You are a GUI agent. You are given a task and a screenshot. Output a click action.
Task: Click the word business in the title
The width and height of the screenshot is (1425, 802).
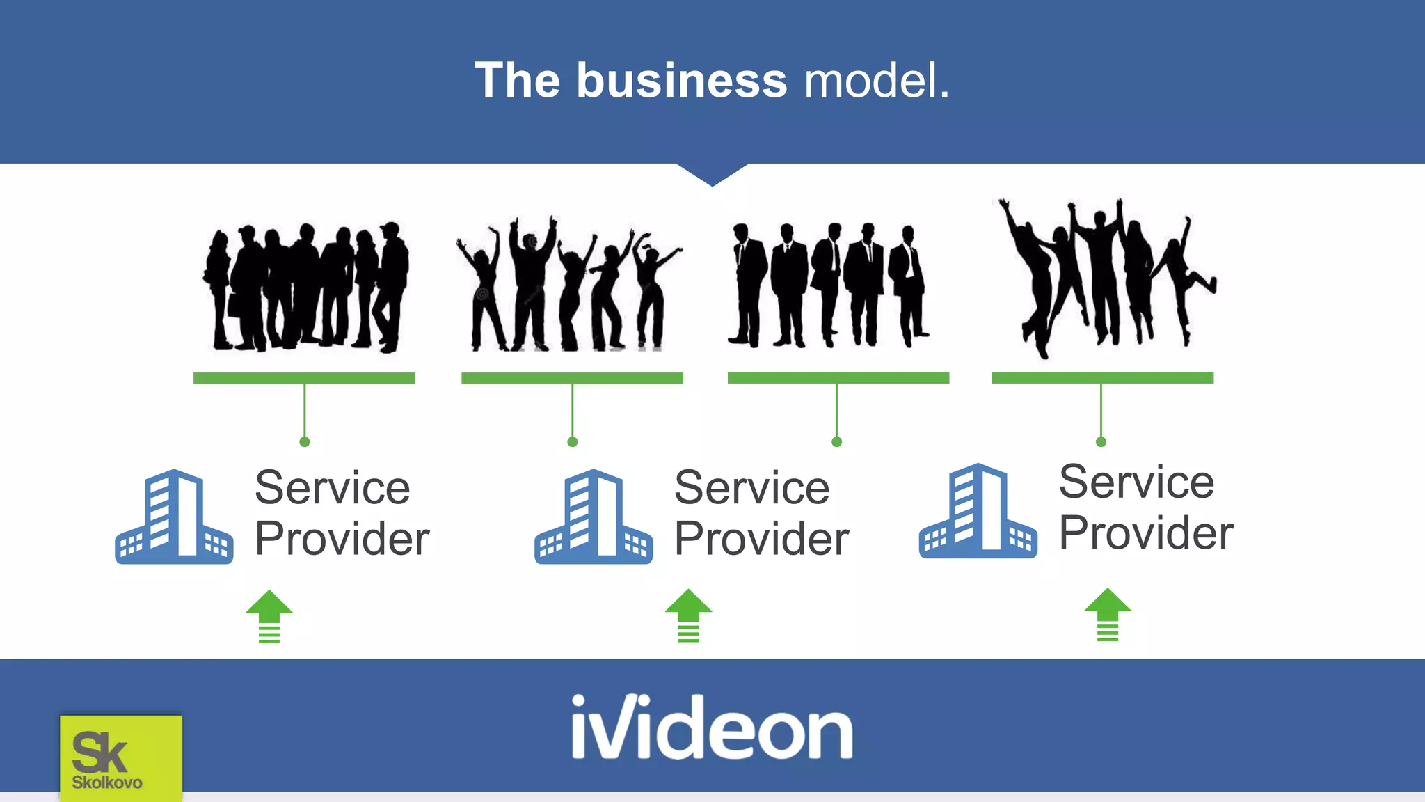click(x=681, y=81)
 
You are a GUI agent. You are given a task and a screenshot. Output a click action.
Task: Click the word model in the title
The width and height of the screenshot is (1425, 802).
click(x=875, y=81)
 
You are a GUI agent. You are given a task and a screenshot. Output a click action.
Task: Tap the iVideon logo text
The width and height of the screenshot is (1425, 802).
click(x=712, y=727)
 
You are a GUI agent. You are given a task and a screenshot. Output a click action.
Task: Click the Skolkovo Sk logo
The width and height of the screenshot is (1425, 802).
click(x=120, y=757)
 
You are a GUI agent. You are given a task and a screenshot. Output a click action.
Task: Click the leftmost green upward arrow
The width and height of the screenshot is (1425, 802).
click(x=269, y=616)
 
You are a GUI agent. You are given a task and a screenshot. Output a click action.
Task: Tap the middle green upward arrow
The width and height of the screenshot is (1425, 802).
click(x=688, y=615)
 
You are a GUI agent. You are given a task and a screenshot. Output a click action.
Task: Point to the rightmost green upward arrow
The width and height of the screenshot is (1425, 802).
click(x=1108, y=615)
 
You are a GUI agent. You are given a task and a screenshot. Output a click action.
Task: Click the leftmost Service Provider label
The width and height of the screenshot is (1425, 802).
click(x=342, y=513)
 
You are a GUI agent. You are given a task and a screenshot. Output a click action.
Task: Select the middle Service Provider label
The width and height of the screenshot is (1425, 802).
click(x=761, y=513)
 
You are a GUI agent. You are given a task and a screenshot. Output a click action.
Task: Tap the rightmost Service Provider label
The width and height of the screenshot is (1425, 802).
click(x=1146, y=508)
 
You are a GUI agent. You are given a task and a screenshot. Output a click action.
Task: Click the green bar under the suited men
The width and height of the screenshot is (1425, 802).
click(x=838, y=377)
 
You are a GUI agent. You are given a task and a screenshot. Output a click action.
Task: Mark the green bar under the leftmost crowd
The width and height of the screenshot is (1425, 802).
click(x=304, y=378)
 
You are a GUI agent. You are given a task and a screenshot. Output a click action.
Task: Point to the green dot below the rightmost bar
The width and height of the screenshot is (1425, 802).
click(x=1101, y=442)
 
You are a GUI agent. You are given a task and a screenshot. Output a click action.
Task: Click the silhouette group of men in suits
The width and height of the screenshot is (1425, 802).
click(x=828, y=285)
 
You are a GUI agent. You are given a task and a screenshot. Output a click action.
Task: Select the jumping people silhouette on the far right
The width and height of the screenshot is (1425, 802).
click(x=1106, y=278)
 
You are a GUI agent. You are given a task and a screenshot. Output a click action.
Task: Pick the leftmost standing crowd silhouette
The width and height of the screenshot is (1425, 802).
click(x=306, y=288)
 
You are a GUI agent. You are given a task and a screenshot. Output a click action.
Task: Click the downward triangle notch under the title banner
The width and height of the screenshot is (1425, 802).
click(x=712, y=173)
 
